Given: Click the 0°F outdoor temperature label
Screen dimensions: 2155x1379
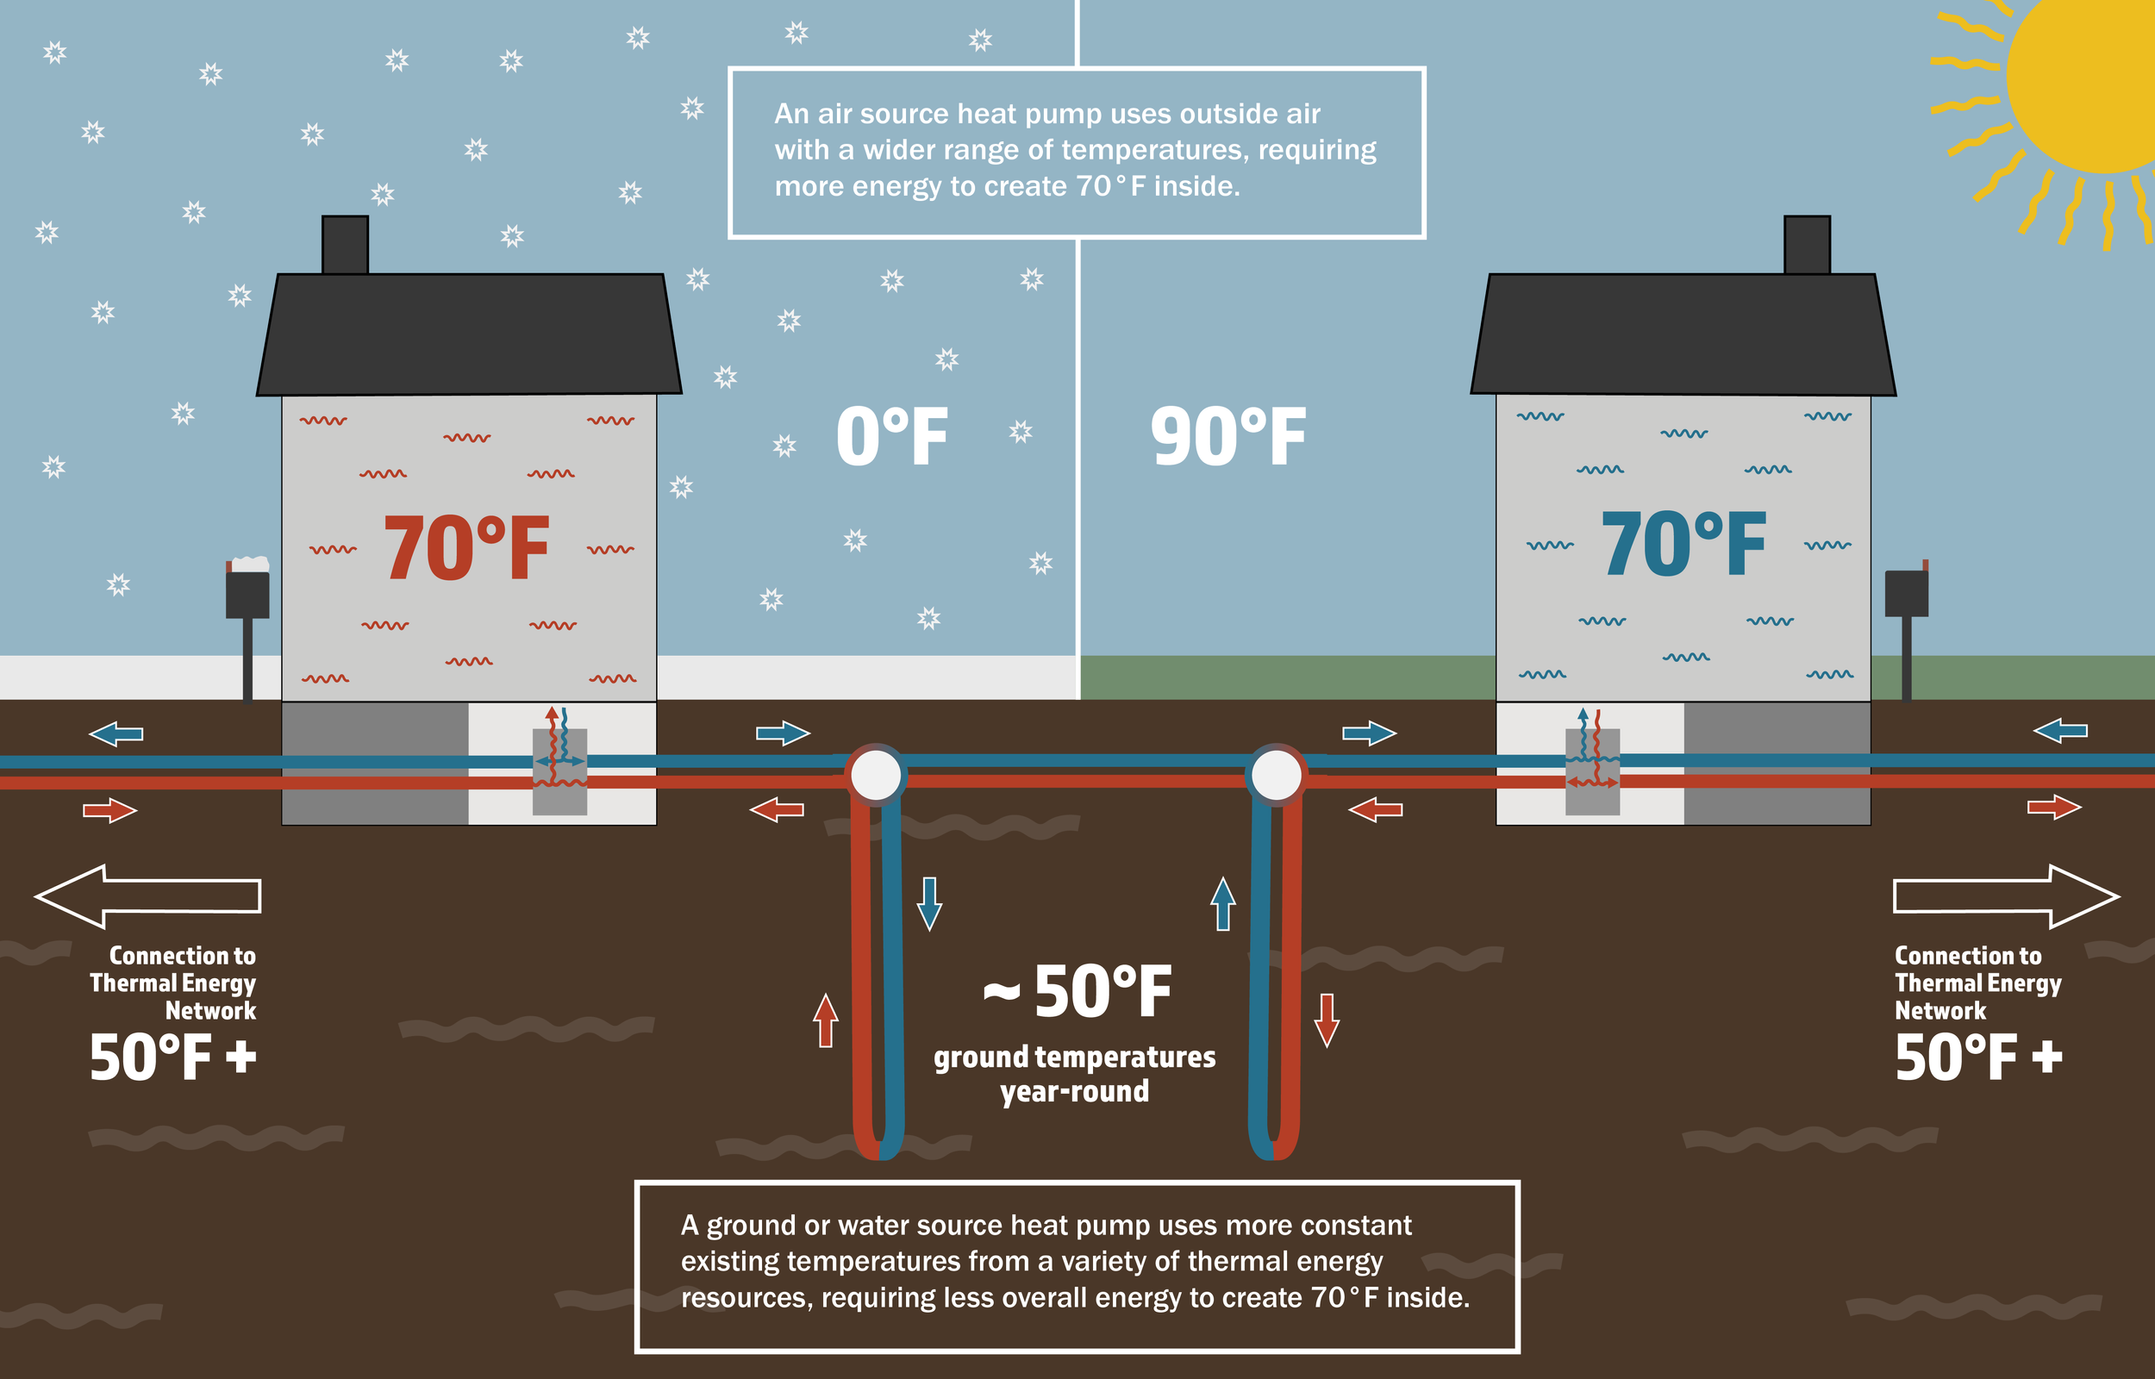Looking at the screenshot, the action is pyautogui.click(x=890, y=437).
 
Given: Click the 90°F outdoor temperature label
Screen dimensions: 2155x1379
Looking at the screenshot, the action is pyautogui.click(x=1227, y=437).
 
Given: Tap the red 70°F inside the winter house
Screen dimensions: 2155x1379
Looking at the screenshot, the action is pyautogui.click(x=465, y=548).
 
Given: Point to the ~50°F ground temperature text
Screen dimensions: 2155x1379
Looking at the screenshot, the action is pyautogui.click(x=1077, y=992).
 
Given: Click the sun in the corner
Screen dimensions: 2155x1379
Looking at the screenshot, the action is pyautogui.click(x=2086, y=81).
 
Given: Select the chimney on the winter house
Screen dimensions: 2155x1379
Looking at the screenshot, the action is pyautogui.click(x=345, y=244).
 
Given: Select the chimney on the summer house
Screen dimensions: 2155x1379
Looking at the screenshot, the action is pyautogui.click(x=1807, y=244).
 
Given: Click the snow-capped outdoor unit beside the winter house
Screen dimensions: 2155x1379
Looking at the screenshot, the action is pyautogui.click(x=248, y=591).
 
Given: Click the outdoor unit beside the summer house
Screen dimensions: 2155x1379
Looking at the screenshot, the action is pyautogui.click(x=1906, y=593).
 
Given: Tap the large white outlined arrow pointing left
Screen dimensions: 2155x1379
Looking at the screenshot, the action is pyautogui.click(x=147, y=895).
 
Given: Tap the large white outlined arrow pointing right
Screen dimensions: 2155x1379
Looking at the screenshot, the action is pyautogui.click(x=2006, y=895).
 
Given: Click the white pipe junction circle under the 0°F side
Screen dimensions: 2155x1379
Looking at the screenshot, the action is pyautogui.click(x=876, y=775).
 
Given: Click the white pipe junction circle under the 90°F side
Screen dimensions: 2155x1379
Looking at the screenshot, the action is pyautogui.click(x=1276, y=775).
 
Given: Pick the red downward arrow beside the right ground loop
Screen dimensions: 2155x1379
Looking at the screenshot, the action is pyautogui.click(x=1327, y=1020).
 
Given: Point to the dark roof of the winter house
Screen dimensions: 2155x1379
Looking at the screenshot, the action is pyautogui.click(x=469, y=335).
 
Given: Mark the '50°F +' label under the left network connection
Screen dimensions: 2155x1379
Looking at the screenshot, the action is pyautogui.click(x=172, y=1058).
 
